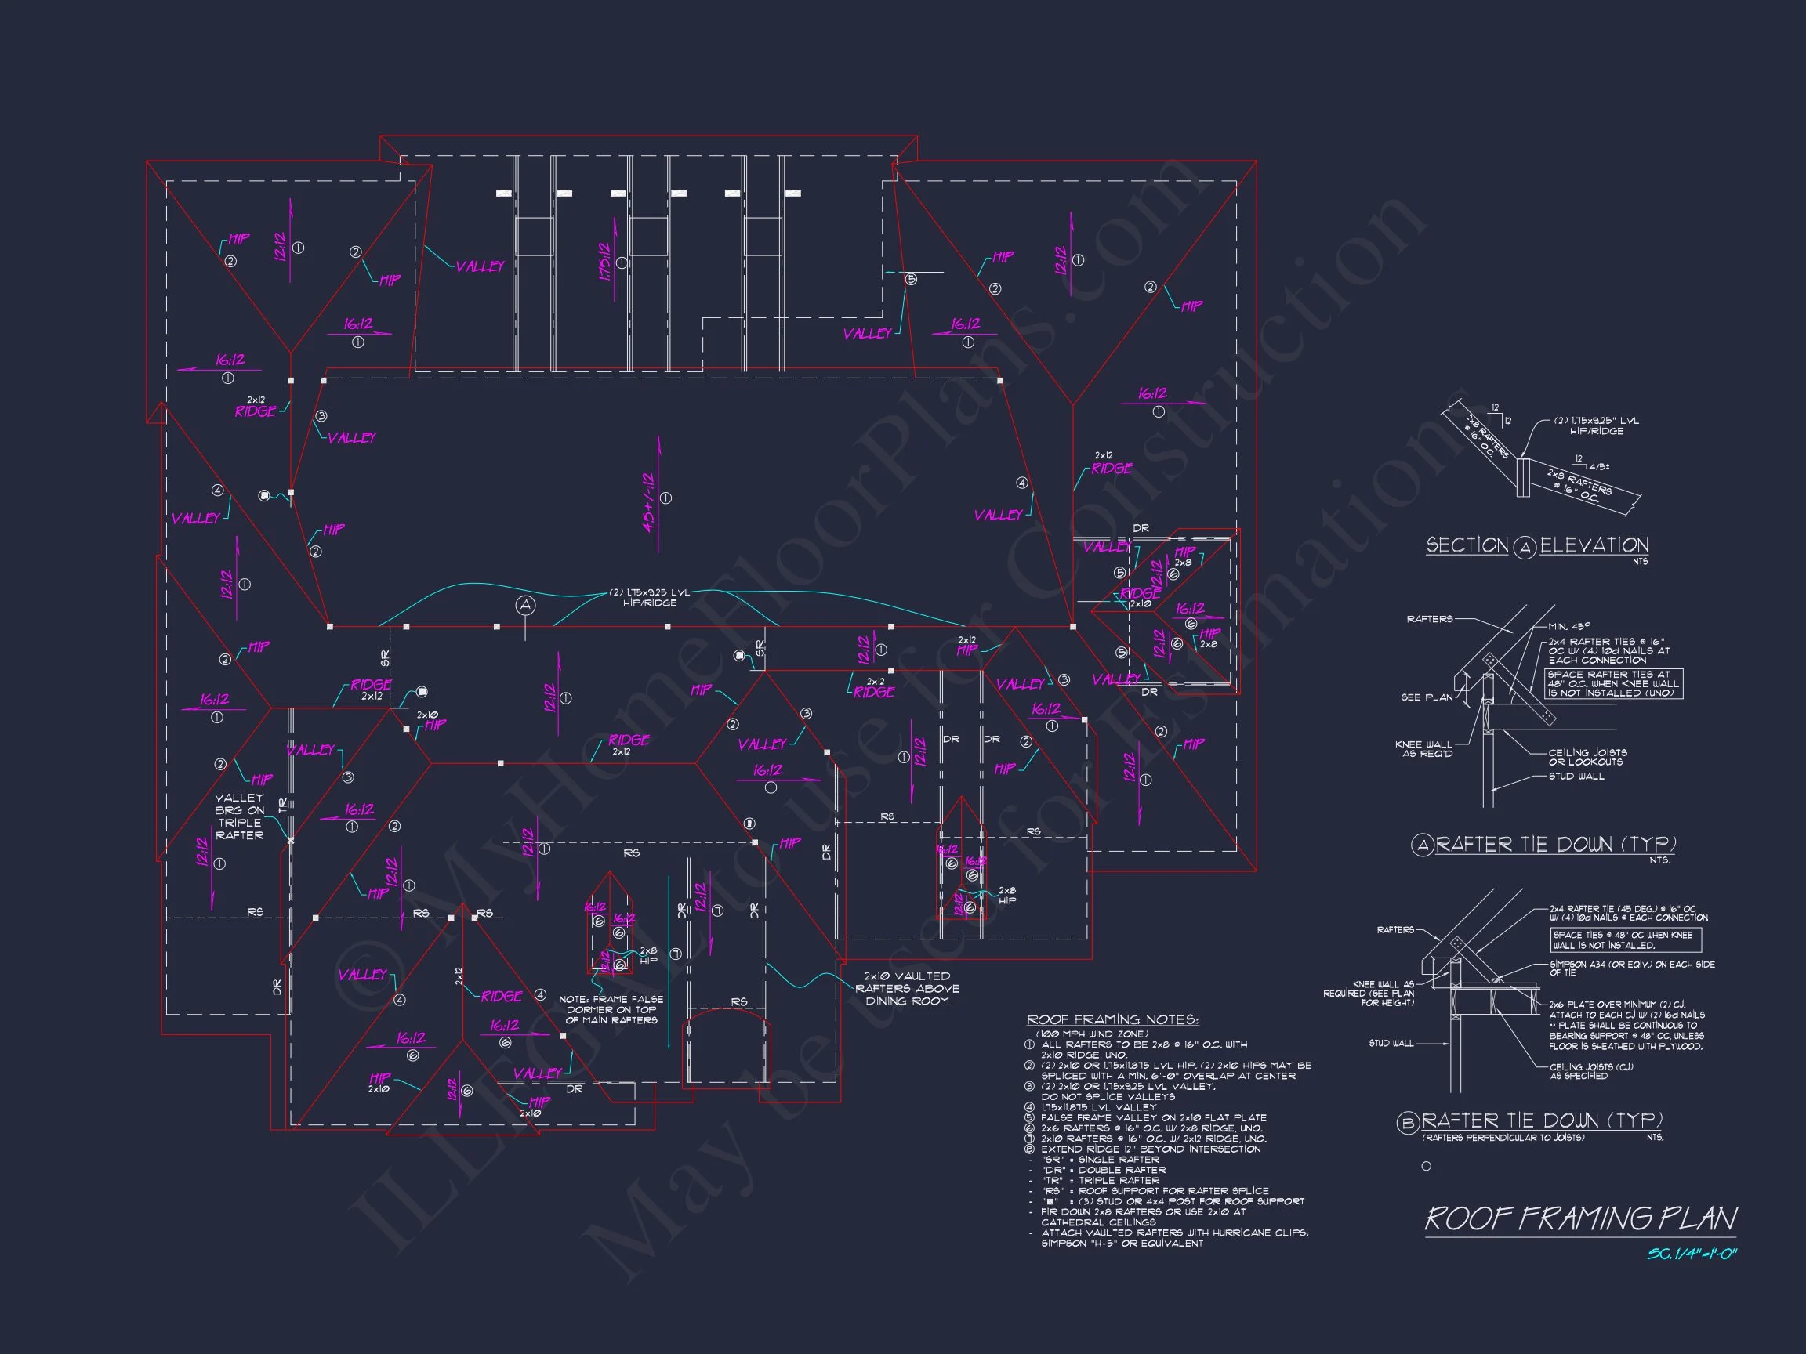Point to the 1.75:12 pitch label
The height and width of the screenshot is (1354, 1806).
605,261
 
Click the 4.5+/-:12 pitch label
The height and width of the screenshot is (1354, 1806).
649,503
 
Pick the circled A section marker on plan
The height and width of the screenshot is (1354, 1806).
525,606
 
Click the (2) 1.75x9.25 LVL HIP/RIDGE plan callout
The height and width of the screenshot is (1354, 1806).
650,597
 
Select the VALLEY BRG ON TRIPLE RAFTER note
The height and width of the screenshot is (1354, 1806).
239,816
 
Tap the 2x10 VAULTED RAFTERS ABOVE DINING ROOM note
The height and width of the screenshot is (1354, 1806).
907,988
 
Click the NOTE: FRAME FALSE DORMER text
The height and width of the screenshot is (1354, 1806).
611,1009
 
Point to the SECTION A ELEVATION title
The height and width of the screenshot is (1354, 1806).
1536,546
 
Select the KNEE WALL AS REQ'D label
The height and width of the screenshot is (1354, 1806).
1424,748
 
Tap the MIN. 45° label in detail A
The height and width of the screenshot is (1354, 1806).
1568,626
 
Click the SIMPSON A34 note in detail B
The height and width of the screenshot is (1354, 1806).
1632,968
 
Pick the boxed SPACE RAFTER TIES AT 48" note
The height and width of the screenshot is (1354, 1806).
1613,684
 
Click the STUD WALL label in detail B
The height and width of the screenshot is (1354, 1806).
1391,1043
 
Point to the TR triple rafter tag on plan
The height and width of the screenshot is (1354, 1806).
282,805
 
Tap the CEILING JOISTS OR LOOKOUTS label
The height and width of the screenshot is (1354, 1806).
1587,757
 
